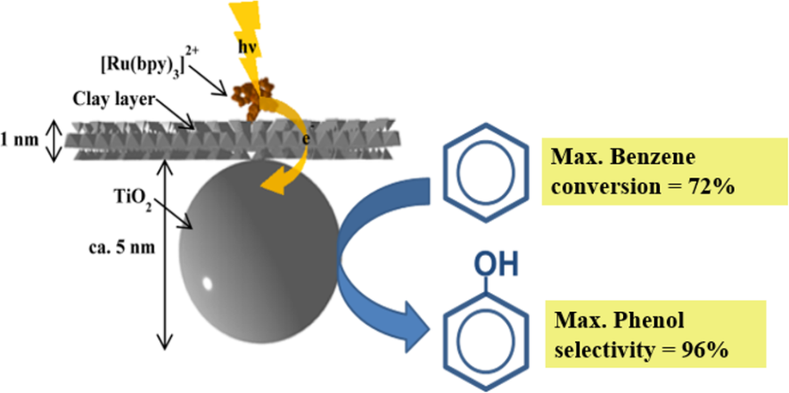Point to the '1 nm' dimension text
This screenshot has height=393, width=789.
coord(19,140)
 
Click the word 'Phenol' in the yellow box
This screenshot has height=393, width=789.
coord(633,320)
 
